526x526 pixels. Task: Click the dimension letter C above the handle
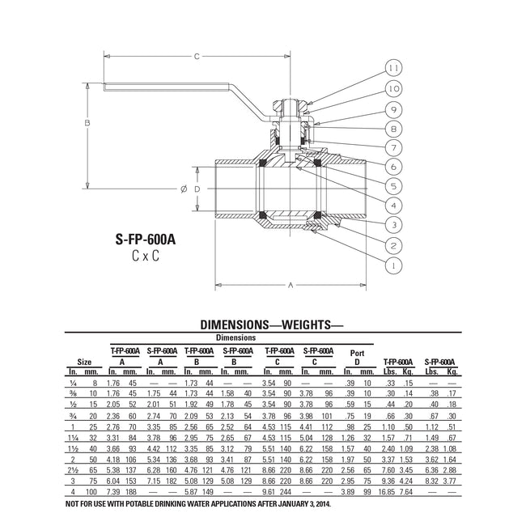pos(197,57)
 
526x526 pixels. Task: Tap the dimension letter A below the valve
pos(290,286)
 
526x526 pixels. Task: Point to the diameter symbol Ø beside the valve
pos(184,189)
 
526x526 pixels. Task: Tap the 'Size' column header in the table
pos(84,363)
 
